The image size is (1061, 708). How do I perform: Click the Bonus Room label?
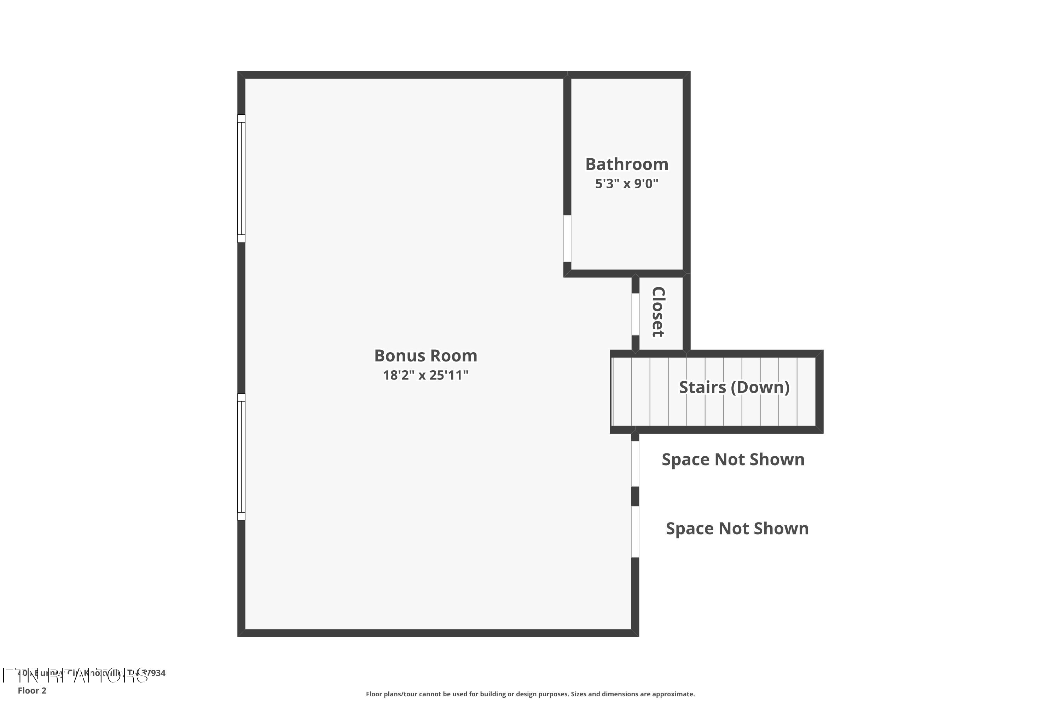click(425, 356)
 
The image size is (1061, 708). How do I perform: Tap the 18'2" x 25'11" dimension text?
click(425, 375)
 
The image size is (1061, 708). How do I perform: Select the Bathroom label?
click(627, 164)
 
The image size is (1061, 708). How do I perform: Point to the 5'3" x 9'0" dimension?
click(627, 184)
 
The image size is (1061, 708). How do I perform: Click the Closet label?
click(658, 312)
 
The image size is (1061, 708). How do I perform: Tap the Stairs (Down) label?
click(734, 387)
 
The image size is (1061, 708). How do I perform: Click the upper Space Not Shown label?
click(732, 459)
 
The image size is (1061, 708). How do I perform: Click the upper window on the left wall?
click(241, 178)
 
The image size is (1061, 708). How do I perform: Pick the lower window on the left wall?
click(241, 457)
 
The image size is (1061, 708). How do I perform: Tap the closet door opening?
click(635, 314)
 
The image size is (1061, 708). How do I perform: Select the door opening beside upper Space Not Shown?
click(635, 464)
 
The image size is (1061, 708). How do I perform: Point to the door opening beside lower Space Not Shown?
click(635, 531)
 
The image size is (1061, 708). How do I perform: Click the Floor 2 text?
click(32, 690)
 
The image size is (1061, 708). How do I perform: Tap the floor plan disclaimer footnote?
click(530, 694)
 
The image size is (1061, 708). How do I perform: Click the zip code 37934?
click(154, 673)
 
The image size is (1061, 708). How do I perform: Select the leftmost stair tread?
click(622, 392)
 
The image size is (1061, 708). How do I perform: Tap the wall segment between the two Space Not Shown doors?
click(635, 496)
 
